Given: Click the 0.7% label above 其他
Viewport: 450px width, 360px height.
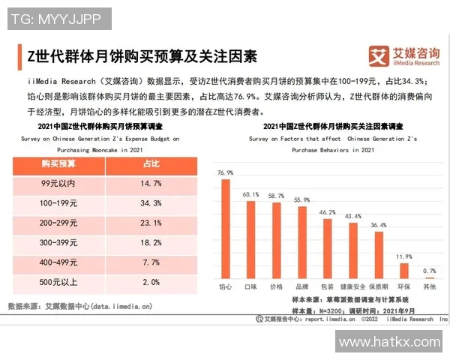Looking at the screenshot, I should click(429, 271).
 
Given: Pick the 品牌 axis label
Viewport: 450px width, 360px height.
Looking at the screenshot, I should click(302, 286).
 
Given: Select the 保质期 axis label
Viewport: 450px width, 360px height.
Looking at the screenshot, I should click(379, 286).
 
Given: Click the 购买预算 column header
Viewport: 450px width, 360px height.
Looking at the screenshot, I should click(60, 163).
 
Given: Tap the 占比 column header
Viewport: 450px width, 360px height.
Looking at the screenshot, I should click(151, 163).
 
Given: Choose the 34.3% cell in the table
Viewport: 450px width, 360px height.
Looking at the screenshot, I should click(151, 203).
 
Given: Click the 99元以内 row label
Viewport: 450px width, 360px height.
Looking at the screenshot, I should click(60, 183).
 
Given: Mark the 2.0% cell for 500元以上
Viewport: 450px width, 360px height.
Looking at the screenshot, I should click(151, 283).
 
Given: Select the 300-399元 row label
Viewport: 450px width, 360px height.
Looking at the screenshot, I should click(60, 243).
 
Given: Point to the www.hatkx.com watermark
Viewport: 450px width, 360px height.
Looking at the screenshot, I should click(389, 342).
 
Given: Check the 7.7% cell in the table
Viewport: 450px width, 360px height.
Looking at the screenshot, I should click(151, 263).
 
